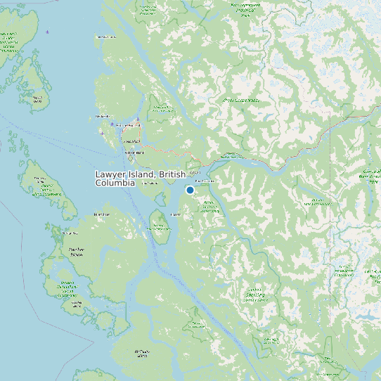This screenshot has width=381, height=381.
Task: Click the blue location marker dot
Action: tap(190, 190)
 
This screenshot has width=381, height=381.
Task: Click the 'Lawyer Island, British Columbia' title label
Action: tap(140, 178)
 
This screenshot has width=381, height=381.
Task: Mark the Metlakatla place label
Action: tap(103, 116)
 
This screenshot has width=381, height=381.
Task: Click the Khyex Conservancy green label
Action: tap(240, 101)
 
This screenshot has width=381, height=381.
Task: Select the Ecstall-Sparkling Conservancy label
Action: tap(255, 295)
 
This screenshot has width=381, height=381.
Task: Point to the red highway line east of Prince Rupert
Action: tap(169, 150)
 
